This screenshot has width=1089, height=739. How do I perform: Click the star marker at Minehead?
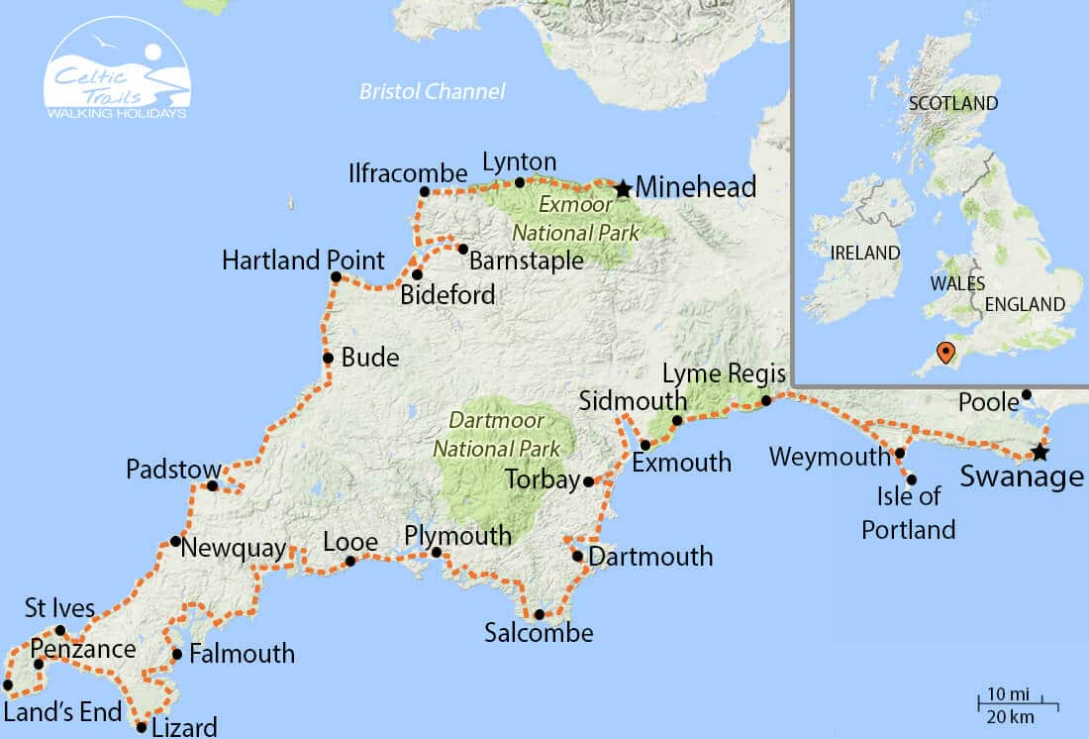tap(623, 188)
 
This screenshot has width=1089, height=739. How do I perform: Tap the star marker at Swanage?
tap(1039, 453)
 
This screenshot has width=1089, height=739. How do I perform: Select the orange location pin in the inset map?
tap(945, 352)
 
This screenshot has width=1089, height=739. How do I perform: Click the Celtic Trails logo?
tap(117, 69)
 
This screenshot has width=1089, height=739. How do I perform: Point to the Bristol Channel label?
tap(432, 92)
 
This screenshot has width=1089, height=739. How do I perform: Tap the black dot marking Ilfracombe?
tap(425, 191)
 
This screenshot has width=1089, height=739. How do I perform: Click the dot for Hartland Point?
tap(336, 277)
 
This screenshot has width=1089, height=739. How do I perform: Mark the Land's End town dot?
tap(8, 685)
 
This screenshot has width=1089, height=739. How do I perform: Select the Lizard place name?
tap(184, 727)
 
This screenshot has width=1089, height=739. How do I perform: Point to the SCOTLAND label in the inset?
tap(952, 103)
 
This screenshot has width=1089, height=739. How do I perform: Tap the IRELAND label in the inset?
tap(864, 253)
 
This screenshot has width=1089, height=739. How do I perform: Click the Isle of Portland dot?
tap(912, 479)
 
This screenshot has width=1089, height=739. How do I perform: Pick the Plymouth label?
tap(458, 536)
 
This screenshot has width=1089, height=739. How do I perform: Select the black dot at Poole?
tap(1027, 394)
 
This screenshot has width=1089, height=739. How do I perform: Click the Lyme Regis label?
tap(724, 374)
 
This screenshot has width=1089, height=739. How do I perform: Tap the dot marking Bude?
tap(328, 359)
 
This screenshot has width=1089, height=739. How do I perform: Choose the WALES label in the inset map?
tap(957, 283)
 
